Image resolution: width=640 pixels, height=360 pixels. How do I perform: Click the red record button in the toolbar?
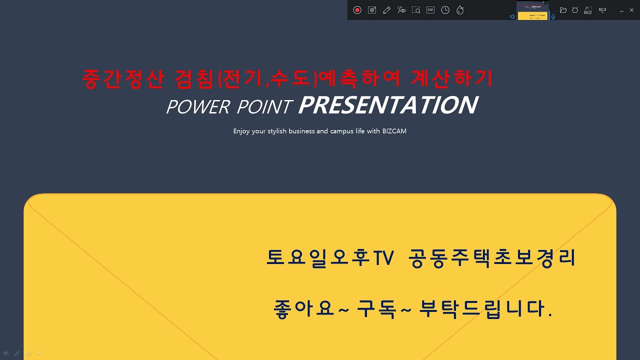[357, 10]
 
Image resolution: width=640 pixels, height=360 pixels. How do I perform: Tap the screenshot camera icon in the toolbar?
[372, 10]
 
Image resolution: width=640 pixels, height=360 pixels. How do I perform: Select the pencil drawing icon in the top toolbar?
[386, 10]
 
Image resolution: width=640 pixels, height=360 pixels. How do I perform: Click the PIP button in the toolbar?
[430, 10]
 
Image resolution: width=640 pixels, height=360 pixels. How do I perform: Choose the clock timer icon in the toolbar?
[445, 10]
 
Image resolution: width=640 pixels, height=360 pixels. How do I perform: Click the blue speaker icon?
[512, 16]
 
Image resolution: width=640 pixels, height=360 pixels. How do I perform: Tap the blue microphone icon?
[553, 16]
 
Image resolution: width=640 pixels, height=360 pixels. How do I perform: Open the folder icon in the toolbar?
[563, 10]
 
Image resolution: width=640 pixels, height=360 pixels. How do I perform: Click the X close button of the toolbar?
[632, 10]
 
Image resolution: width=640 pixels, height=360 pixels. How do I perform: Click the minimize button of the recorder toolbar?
[621, 10]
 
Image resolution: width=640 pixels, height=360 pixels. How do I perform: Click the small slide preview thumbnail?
[532, 10]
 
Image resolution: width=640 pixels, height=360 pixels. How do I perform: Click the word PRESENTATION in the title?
[387, 105]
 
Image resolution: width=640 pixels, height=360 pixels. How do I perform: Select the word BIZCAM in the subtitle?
[394, 131]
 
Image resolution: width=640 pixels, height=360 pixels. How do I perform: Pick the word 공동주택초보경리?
[492, 258]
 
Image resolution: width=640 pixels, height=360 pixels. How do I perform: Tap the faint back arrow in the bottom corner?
[6, 353]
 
